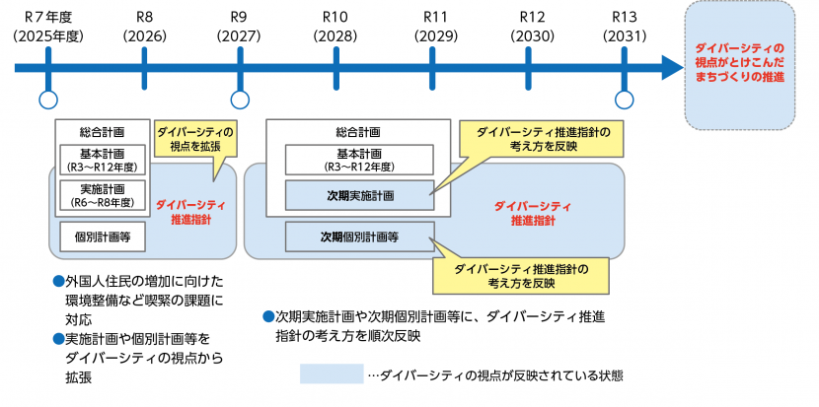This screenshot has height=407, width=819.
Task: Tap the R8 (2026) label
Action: coord(144,27)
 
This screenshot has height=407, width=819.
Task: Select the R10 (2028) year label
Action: coord(335,27)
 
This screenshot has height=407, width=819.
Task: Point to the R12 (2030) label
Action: coord(531,27)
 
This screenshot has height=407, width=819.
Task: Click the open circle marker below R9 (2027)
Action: coord(240,99)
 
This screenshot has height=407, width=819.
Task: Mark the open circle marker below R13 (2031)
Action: coord(624,99)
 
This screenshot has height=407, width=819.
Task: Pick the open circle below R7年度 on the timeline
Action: coord(46,99)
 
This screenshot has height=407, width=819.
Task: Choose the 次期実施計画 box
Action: coord(359,195)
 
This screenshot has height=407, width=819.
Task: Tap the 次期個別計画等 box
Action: coord(359,237)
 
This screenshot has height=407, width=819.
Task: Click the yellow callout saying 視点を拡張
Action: coord(195,138)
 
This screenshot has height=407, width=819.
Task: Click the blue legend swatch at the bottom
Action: coord(332,374)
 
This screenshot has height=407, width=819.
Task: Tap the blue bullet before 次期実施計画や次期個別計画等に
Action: coord(267,316)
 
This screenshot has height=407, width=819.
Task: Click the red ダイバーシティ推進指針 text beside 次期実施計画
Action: coord(533,214)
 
